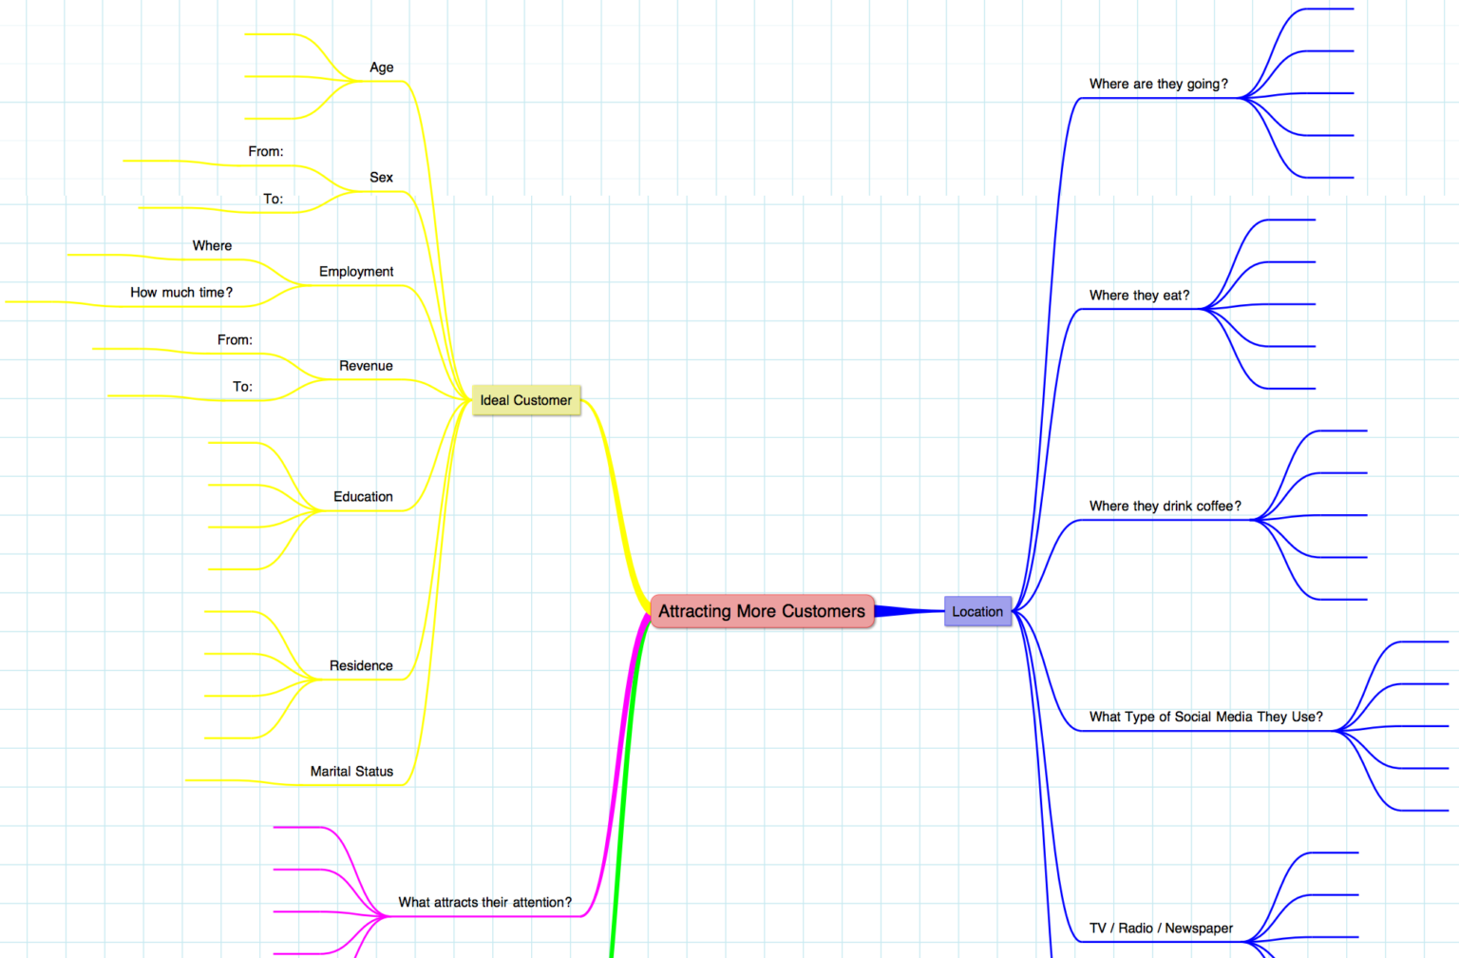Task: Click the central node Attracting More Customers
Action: click(x=762, y=611)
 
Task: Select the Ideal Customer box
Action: click(x=526, y=400)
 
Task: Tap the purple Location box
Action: click(x=977, y=612)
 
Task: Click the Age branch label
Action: click(x=382, y=67)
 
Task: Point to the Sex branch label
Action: click(x=381, y=178)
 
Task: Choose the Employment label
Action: click(x=356, y=272)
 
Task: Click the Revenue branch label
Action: click(x=366, y=366)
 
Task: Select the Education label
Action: click(x=363, y=497)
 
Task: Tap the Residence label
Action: click(x=361, y=666)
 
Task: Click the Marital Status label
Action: click(x=351, y=772)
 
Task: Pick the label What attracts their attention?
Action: click(x=485, y=903)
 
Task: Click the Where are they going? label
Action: click(x=1159, y=84)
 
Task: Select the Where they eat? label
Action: click(x=1139, y=296)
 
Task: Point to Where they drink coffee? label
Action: click(x=1165, y=507)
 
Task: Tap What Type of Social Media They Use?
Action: click(x=1206, y=718)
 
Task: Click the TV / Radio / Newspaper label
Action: click(x=1162, y=929)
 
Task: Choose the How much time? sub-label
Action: click(x=181, y=293)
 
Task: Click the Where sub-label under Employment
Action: click(x=212, y=246)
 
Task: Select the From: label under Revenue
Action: click(x=235, y=340)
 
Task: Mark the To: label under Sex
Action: click(x=273, y=200)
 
